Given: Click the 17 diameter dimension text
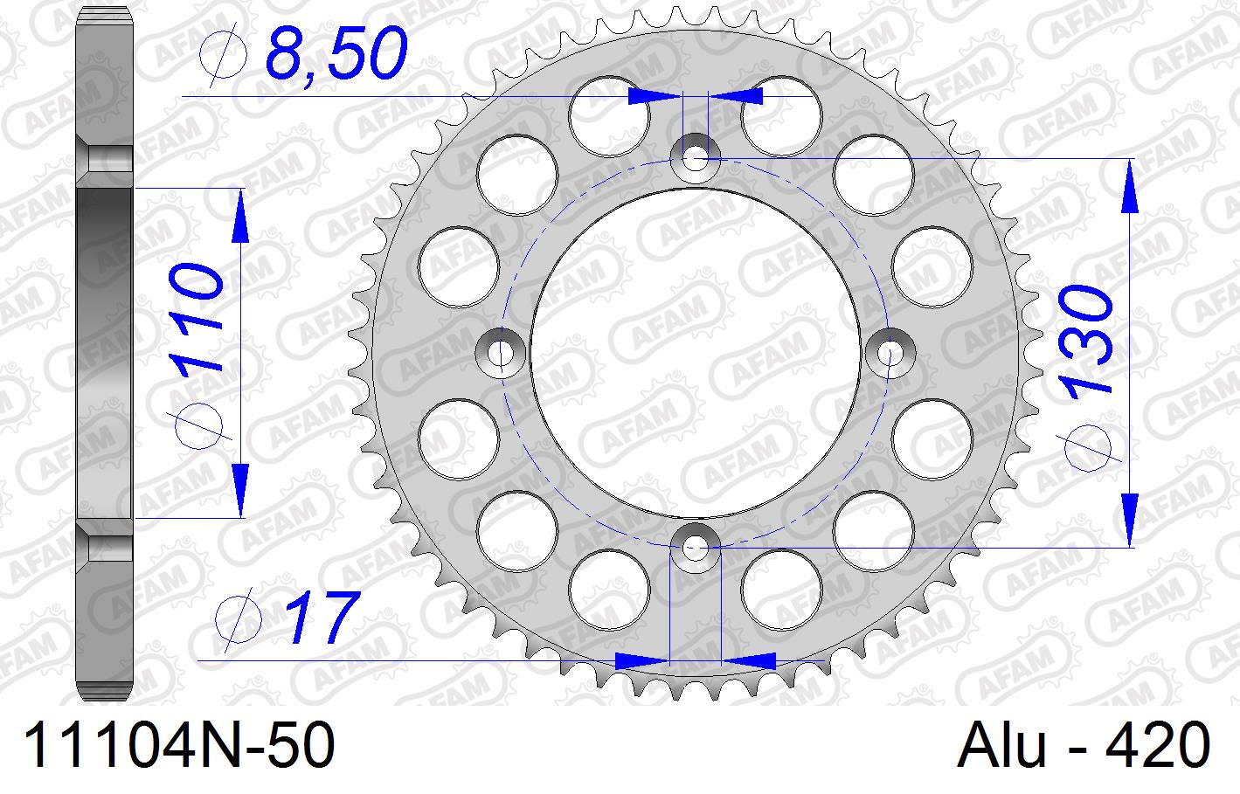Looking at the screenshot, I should [x=322, y=619].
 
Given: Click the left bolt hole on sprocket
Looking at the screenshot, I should [x=501, y=354].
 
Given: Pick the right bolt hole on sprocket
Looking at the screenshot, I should [x=890, y=354].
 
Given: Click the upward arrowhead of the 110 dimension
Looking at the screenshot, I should [x=239, y=215].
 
